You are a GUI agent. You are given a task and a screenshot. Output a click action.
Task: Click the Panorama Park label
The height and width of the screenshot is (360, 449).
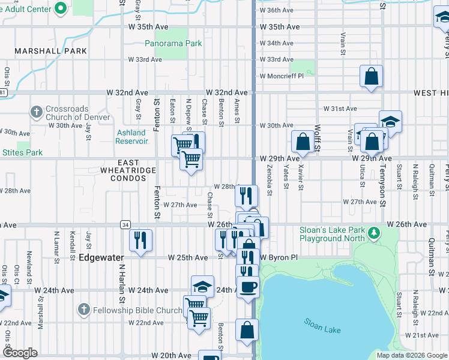pos(173,43)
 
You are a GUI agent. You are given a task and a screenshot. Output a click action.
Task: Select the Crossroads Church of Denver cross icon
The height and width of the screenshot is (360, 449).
pos(37,112)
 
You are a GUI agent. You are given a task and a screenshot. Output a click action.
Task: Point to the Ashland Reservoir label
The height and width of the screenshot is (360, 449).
pos(131,137)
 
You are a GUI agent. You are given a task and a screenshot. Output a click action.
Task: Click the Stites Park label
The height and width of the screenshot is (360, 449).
pos(22,152)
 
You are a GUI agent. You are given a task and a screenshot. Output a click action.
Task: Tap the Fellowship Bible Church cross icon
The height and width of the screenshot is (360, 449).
pos(84,310)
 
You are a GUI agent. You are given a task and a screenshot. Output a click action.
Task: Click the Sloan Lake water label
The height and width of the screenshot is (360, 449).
pos(323,329)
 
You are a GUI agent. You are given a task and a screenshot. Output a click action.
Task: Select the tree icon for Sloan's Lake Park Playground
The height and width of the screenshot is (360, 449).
pos(374,232)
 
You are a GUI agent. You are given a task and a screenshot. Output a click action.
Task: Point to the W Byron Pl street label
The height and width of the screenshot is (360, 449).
pos(279,257)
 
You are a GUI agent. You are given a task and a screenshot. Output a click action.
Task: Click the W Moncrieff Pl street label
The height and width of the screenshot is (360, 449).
pos(282,76)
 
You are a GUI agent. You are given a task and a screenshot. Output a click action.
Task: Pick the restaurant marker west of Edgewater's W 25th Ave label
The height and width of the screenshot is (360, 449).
pos(141,241)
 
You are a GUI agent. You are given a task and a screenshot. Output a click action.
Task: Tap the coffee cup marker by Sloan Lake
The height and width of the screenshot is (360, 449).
pos(247,286)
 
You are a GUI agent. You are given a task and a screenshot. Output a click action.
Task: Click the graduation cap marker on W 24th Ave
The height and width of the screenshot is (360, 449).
pos(203,286)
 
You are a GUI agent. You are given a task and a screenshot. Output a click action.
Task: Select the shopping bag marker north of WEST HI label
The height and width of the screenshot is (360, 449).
pos(372,76)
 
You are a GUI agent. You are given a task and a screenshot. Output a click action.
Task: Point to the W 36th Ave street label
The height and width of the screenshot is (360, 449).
pos(276,11)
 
